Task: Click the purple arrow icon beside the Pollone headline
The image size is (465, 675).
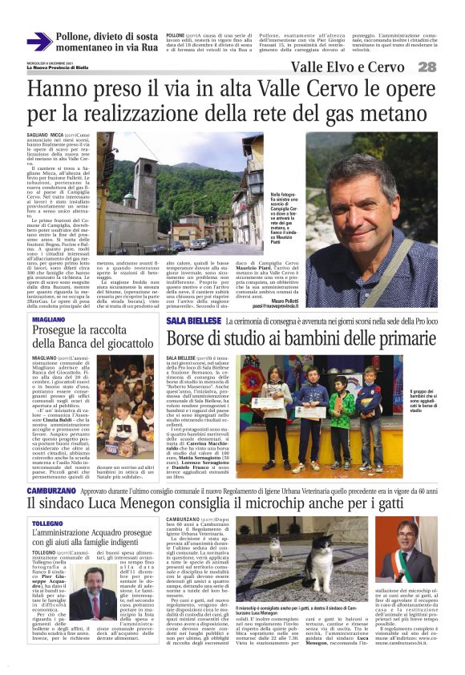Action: [x=38, y=41]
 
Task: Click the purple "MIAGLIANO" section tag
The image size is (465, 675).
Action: [x=49, y=320]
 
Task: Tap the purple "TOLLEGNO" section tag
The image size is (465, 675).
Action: [x=47, y=523]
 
